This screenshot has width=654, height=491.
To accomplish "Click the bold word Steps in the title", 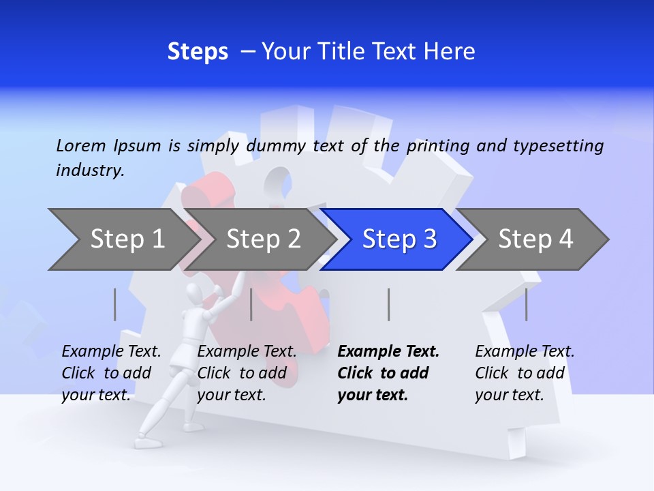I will point(198,52).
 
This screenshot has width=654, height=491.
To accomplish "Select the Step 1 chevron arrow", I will point(123,239).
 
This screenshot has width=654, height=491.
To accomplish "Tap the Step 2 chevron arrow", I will point(263,239).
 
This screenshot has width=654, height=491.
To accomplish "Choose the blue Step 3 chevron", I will point(399,239).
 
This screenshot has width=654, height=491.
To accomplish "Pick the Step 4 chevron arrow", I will point(535,239).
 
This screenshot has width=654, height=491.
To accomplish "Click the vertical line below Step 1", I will point(115,304).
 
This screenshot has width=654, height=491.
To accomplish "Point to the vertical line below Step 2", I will point(251,304).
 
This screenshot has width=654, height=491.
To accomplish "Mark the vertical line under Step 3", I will point(389,304).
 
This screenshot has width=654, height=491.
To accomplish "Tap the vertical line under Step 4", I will point(527,304).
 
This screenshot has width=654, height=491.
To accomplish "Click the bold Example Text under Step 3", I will point(388,373).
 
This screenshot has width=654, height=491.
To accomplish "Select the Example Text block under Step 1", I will point(111,373).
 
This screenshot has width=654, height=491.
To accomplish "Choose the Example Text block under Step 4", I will point(525,373).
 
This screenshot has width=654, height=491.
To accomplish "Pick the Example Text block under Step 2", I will point(247,373).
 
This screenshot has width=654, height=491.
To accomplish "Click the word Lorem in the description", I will point(81,145).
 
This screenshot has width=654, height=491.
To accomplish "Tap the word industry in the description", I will point(90,170).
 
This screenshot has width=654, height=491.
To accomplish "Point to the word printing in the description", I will point(439,145).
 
